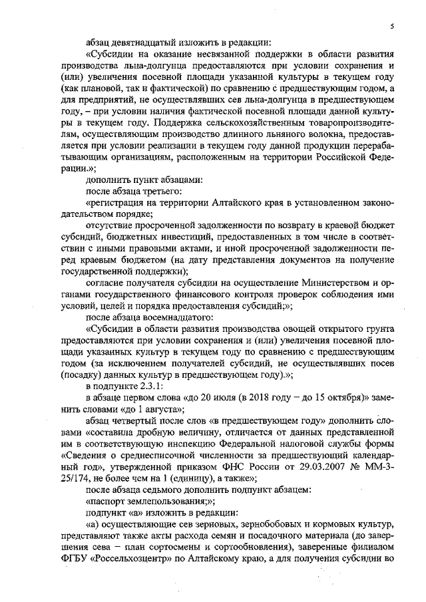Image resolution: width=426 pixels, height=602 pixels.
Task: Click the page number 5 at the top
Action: point(392,25)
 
